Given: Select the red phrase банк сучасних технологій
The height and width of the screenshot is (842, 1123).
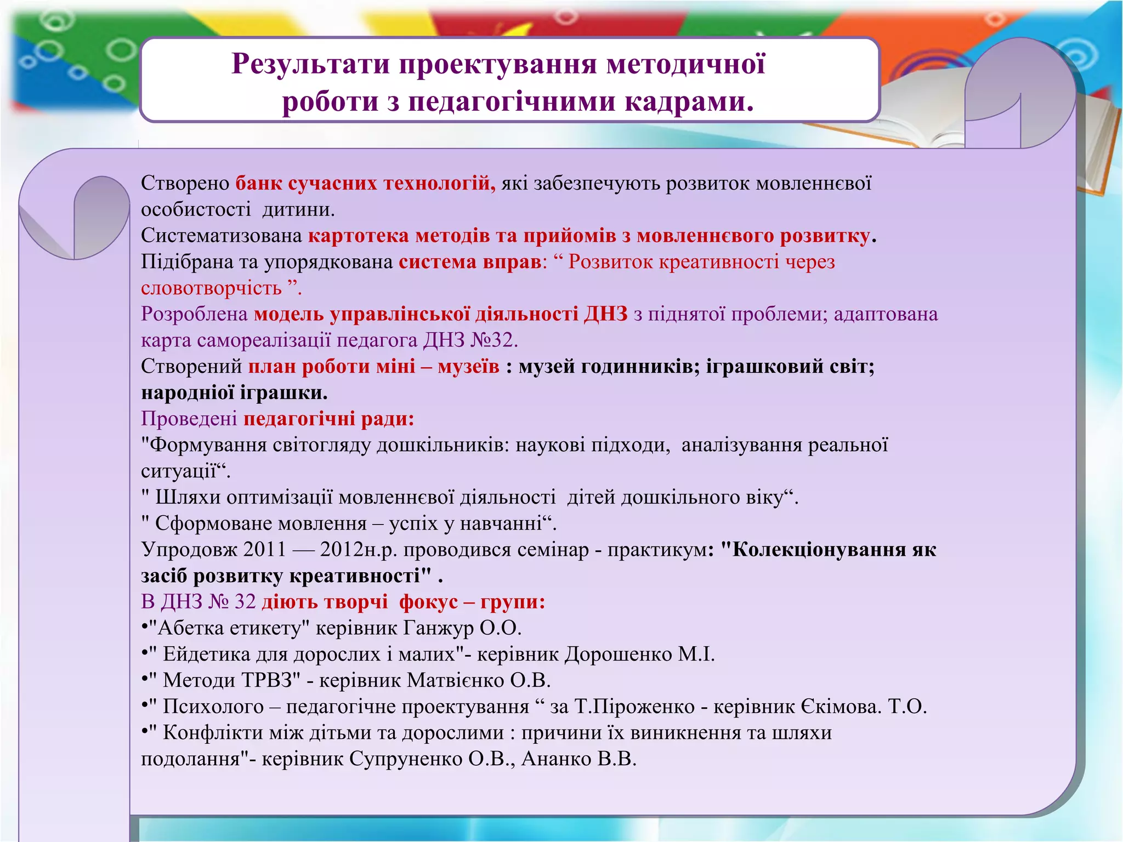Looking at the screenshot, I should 365,183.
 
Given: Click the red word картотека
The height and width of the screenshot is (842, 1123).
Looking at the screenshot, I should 359,236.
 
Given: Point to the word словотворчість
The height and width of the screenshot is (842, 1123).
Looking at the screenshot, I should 211,288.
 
